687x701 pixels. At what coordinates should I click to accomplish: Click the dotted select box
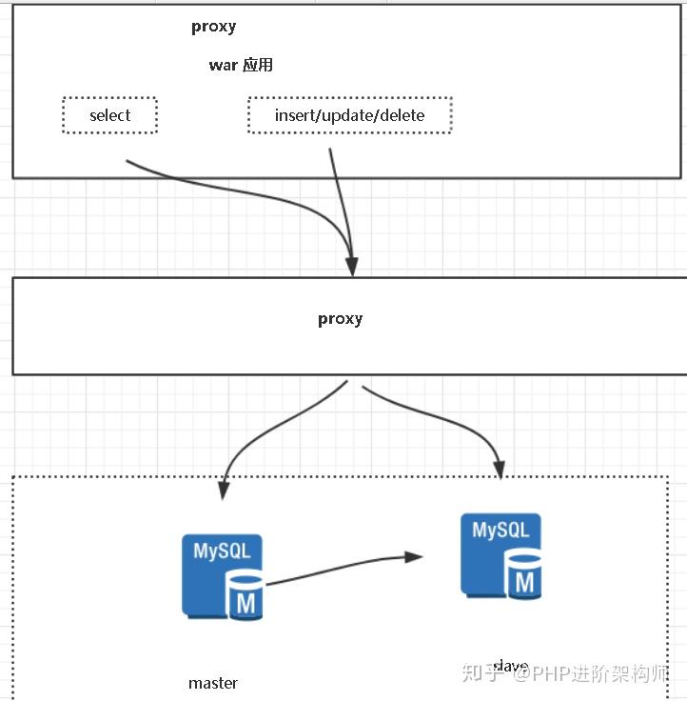pyautogui.click(x=109, y=115)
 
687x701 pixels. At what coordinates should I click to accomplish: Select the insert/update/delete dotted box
pyautogui.click(x=349, y=115)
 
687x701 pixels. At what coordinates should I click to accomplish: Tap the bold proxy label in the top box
pyautogui.click(x=213, y=27)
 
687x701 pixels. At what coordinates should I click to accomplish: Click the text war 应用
pyautogui.click(x=241, y=65)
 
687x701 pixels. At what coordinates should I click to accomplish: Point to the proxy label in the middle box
pyautogui.click(x=340, y=319)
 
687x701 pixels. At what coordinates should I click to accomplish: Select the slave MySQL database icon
pyautogui.click(x=501, y=556)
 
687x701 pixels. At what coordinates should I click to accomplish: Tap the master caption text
pyautogui.click(x=213, y=683)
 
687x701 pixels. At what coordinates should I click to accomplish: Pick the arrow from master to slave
pyautogui.click(x=343, y=569)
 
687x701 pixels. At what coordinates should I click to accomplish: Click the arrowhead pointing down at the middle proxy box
pyautogui.click(x=352, y=266)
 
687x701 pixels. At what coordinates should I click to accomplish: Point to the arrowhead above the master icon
pyautogui.click(x=224, y=490)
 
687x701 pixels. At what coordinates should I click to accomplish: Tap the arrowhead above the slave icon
pyautogui.click(x=497, y=468)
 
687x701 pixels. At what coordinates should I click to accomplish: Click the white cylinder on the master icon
pyautogui.click(x=245, y=596)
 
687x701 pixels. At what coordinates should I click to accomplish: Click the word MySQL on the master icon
pyautogui.click(x=223, y=551)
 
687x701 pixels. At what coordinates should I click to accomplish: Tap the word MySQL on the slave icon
pyautogui.click(x=501, y=530)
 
